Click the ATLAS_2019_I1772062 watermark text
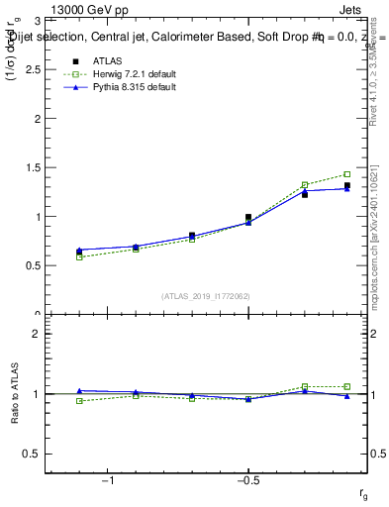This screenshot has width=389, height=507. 205,296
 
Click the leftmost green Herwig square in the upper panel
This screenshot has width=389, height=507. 79,257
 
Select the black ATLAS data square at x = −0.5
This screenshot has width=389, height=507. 248,217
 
